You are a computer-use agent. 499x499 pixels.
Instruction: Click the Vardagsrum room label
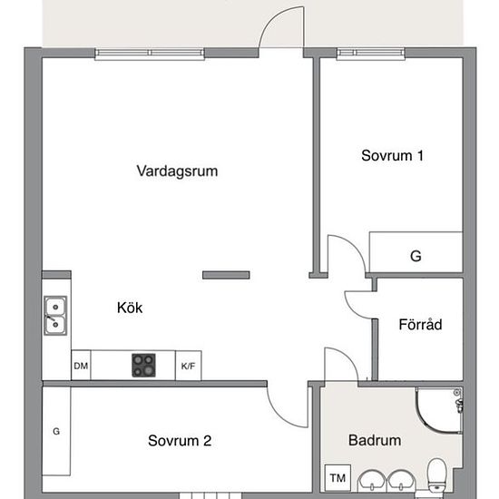click(x=177, y=171)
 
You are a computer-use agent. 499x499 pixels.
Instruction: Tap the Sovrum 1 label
click(x=392, y=156)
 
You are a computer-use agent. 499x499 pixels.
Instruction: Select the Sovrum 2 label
click(x=180, y=441)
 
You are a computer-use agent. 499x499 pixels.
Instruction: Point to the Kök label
click(x=130, y=308)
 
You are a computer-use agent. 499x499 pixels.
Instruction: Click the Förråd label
click(x=420, y=324)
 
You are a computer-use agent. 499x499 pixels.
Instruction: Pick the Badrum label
click(x=375, y=440)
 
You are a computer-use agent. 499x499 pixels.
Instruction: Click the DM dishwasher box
click(x=81, y=366)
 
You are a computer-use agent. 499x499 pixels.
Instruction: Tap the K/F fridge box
click(x=188, y=366)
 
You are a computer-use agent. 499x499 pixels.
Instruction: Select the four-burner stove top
click(x=144, y=366)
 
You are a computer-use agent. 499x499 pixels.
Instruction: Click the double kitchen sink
click(x=55, y=316)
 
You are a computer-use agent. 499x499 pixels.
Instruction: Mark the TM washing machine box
click(x=338, y=477)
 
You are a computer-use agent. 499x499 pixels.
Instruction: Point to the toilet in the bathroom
click(x=437, y=475)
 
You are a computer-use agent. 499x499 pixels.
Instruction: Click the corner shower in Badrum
click(x=439, y=410)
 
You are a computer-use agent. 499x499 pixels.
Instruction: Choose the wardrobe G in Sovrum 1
click(x=416, y=252)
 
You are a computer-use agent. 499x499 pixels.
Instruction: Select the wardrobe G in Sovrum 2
click(x=56, y=431)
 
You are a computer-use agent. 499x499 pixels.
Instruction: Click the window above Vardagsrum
click(x=150, y=54)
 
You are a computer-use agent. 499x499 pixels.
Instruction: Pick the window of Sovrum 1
click(x=371, y=54)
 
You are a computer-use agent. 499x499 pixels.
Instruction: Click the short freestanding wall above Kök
click(x=226, y=275)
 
